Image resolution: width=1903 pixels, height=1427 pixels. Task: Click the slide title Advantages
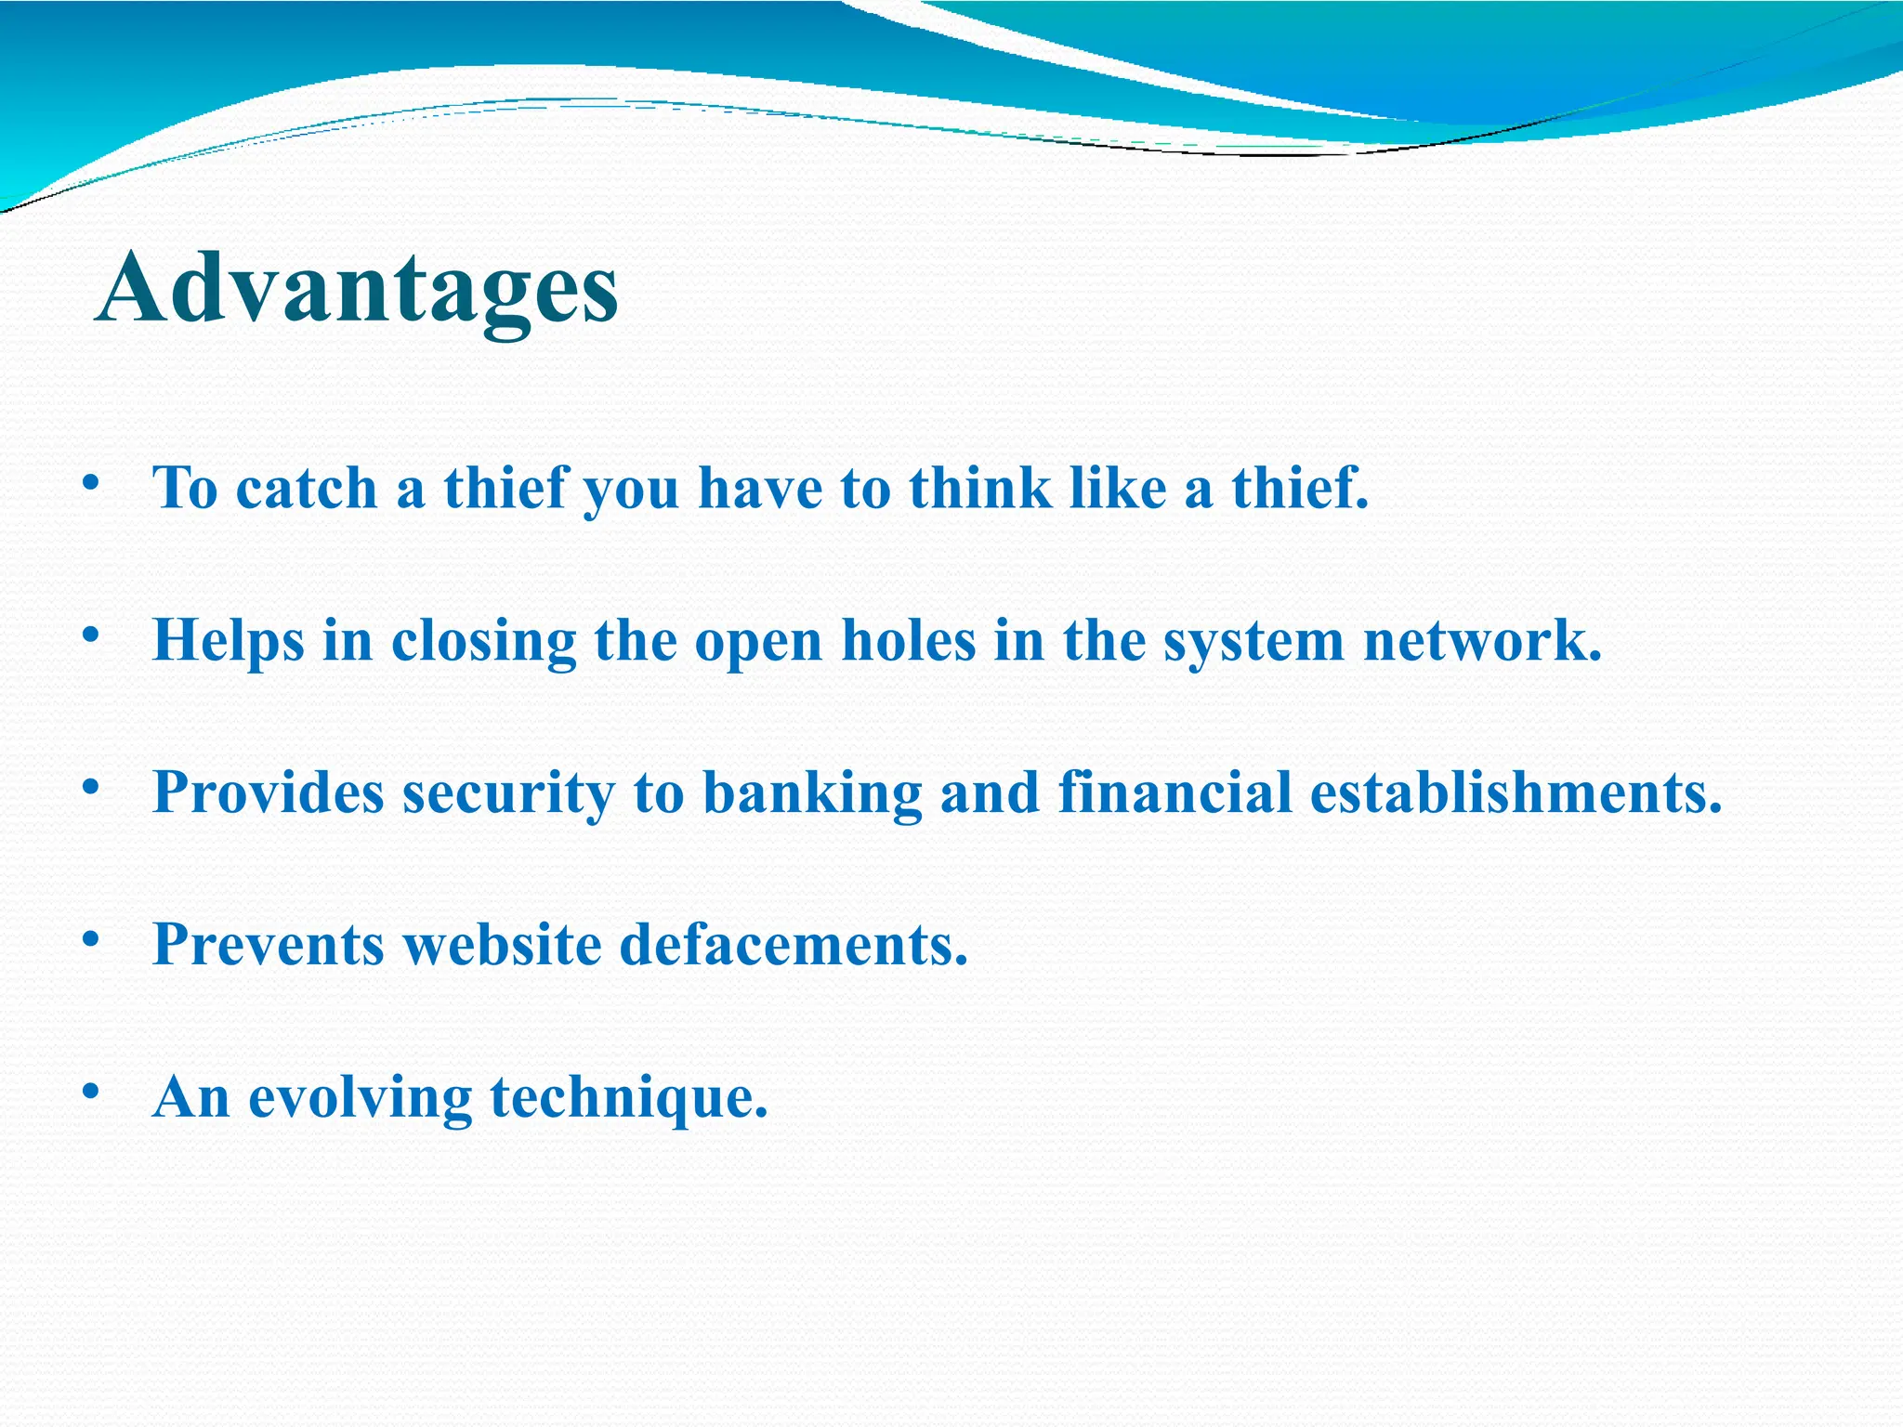357,288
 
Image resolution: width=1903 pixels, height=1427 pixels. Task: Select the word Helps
229,641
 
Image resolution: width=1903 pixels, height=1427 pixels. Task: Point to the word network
1482,641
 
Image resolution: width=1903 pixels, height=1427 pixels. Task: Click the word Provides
268,792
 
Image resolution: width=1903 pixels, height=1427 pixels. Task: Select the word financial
1175,792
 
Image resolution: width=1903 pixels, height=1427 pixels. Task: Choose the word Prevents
268,945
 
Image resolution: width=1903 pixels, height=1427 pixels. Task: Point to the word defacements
794,945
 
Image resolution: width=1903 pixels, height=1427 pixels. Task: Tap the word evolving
360,1098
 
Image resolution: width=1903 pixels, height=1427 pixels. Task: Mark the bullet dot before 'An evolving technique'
90,1092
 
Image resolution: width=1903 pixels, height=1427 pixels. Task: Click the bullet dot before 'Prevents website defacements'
90,939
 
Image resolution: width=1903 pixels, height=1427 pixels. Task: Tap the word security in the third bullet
508,794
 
